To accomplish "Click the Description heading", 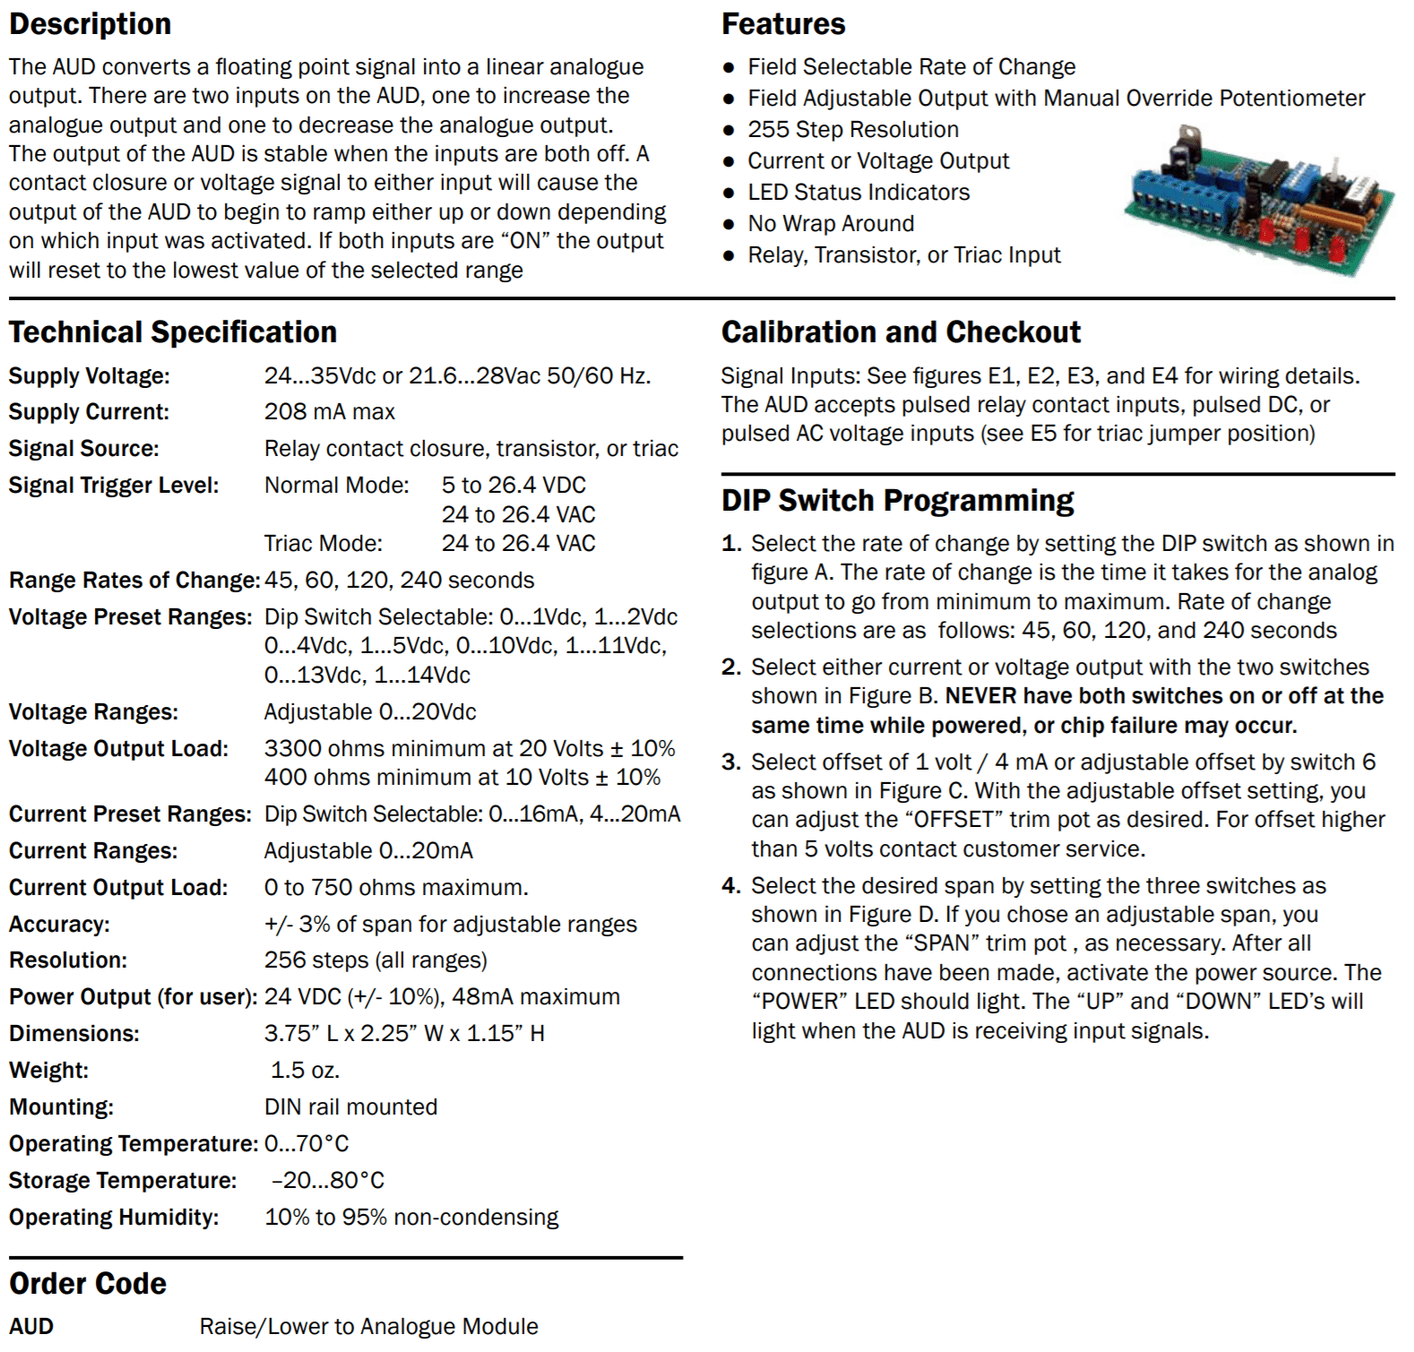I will click(90, 24).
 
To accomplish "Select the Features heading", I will click(783, 24).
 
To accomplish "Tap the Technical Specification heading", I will click(173, 332).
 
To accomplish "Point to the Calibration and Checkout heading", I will click(901, 332).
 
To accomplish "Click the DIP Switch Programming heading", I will click(898, 501).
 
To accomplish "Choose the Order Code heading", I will click(88, 1284).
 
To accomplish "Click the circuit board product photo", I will click(1259, 202).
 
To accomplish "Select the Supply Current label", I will click(89, 412).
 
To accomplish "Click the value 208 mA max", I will click(330, 412).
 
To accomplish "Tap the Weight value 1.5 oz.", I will click(305, 1071).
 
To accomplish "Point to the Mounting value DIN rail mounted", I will click(350, 1107).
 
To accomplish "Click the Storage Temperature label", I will click(123, 1181).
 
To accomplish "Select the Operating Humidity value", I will click(411, 1218).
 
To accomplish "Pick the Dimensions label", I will click(74, 1034).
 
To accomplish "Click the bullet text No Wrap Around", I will click(831, 224).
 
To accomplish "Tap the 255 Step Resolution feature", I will click(853, 130).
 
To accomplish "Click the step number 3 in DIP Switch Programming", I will click(731, 762).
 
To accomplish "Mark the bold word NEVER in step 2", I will click(980, 696).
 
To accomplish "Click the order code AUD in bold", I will click(31, 1327).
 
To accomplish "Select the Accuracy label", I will click(59, 925).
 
